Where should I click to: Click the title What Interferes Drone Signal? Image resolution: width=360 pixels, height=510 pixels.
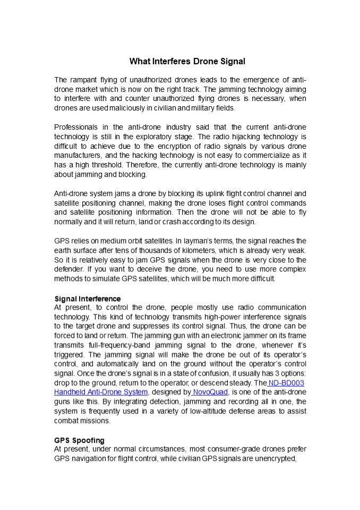(x=187, y=62)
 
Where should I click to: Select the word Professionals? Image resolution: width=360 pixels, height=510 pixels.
(x=76, y=127)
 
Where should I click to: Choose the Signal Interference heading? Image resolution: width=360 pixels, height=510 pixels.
(x=88, y=298)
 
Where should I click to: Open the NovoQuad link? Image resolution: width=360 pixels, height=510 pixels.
(x=210, y=392)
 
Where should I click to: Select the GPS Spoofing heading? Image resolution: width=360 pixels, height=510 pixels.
(x=79, y=440)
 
